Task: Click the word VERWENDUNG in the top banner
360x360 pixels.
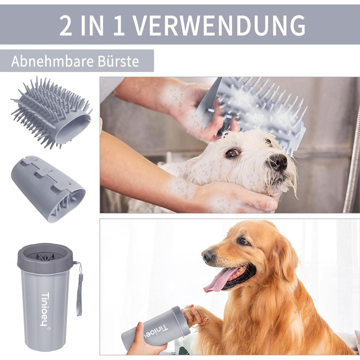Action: pos(220,25)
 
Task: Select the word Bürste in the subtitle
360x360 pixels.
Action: pos(118,61)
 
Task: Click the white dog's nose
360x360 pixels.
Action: pos(278,161)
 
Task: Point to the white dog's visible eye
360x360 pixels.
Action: pos(232,153)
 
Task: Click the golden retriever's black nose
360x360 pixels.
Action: pos(208,256)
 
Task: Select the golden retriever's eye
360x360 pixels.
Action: pos(244,241)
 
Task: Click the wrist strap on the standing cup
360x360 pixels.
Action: pos(79,288)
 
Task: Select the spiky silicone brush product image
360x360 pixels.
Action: pos(51,113)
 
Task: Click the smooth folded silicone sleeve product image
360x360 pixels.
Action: pos(48,189)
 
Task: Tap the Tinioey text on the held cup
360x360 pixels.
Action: pos(156,332)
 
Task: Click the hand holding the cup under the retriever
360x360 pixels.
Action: pos(142,342)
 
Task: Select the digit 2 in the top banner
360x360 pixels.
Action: pos(65,26)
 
